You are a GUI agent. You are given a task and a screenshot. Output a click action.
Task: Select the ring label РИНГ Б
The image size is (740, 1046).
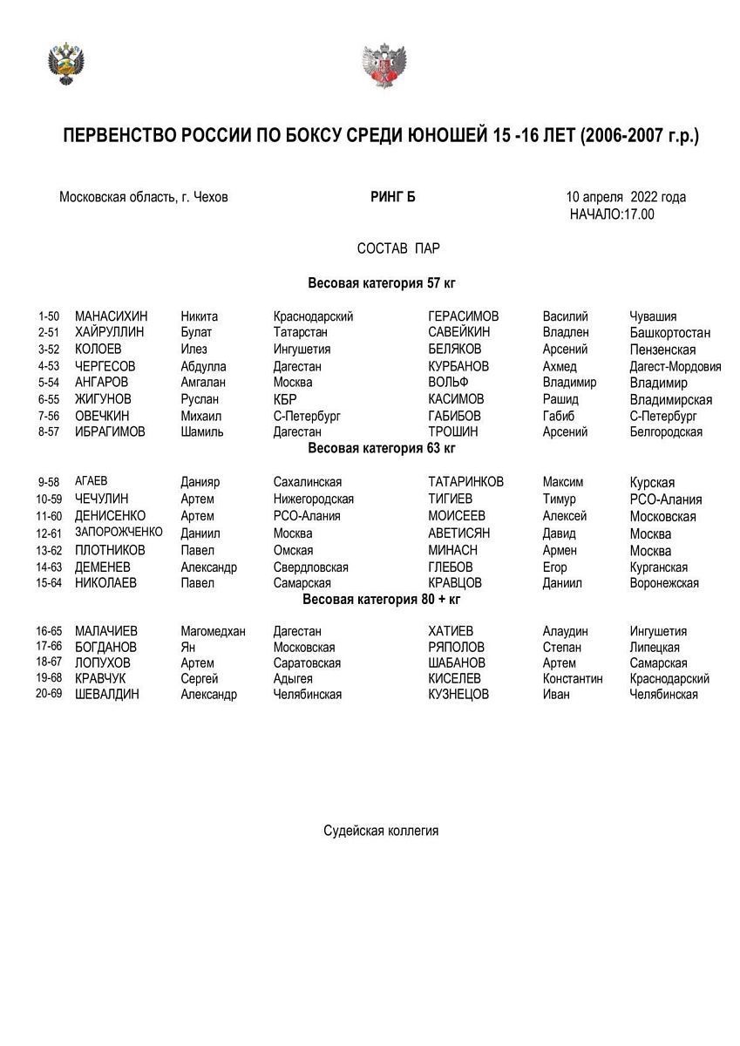393,197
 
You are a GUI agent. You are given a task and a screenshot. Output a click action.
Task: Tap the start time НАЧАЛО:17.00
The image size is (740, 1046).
612,214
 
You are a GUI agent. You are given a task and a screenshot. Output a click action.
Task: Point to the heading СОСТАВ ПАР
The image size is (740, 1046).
398,248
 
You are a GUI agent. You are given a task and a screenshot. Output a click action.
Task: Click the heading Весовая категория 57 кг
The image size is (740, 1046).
382,283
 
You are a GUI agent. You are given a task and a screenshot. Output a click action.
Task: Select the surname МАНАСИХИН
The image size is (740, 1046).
112,316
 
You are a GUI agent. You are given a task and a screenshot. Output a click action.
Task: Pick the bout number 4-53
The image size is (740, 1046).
49,366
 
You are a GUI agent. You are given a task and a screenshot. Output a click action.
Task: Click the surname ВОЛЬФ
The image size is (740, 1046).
449,383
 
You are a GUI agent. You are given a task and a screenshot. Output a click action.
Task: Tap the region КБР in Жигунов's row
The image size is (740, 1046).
285,399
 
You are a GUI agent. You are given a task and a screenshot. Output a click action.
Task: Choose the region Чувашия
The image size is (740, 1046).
653,316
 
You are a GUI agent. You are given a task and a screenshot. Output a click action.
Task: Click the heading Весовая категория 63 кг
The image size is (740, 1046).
382,449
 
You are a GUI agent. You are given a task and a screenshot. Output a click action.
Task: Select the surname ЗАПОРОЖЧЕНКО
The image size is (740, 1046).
119,533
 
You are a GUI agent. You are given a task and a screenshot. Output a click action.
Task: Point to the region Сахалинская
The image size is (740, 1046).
308,482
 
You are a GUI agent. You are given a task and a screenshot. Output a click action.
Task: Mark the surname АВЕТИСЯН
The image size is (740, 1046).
459,533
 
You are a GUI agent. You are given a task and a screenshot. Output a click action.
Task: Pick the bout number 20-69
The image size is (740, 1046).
49,695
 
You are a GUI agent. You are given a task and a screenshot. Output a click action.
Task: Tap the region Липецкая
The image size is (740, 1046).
655,648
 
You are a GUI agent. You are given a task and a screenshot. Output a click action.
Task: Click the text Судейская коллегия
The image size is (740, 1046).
381,831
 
